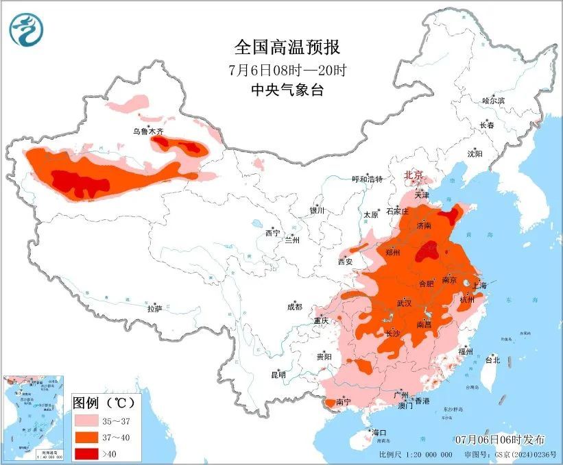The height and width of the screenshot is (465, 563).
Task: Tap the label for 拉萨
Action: [x=154, y=309]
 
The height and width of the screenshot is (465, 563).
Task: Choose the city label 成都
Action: [x=294, y=307]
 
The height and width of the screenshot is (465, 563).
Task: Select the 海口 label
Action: [x=379, y=433]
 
